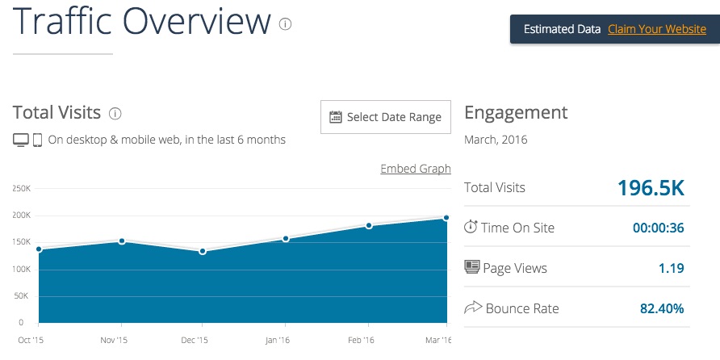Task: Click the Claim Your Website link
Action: coord(657,29)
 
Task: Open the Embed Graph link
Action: coord(416,169)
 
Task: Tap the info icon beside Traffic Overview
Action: coord(285,24)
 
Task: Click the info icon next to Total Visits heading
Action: coord(115,114)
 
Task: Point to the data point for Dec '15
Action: coord(203,251)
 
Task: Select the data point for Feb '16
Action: coord(369,225)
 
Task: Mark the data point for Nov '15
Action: coord(122,241)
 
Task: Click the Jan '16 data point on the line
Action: coord(286,239)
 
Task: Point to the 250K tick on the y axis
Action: coord(21,188)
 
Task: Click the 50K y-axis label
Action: coord(23,296)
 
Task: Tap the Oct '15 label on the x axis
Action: coord(31,341)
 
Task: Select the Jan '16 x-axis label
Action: coord(278,341)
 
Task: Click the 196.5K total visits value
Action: coord(651,188)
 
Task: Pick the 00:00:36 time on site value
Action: coord(659,228)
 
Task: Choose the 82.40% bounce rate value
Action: coord(662,308)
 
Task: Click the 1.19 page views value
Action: coord(672,268)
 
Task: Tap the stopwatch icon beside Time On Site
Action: coord(471,226)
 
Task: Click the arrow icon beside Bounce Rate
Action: coord(473,308)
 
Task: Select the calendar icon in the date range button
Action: coord(336,117)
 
